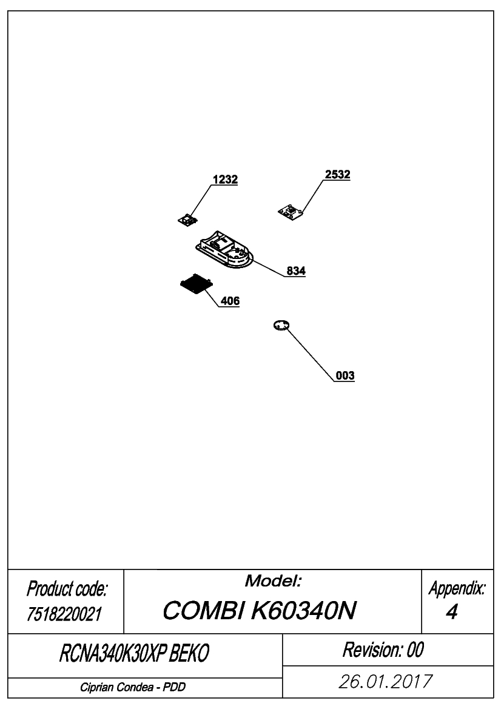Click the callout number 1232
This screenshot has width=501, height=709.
(x=225, y=180)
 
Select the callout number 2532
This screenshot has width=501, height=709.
(x=337, y=175)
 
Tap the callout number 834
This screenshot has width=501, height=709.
(x=296, y=271)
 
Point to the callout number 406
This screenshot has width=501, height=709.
(x=230, y=301)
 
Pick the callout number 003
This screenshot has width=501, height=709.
(x=345, y=375)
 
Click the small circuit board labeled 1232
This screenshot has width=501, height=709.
(x=187, y=220)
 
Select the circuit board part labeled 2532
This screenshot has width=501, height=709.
(x=291, y=212)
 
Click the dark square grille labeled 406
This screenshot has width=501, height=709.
(x=196, y=284)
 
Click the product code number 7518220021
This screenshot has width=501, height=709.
(x=64, y=614)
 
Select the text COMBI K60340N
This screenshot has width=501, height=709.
(x=260, y=610)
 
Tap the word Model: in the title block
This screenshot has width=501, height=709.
(x=273, y=581)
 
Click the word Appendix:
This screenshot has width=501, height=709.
(x=457, y=588)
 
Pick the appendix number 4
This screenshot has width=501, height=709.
(x=452, y=612)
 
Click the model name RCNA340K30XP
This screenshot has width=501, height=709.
(x=113, y=653)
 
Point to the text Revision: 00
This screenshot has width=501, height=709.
(x=383, y=650)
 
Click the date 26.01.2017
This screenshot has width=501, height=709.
(x=386, y=682)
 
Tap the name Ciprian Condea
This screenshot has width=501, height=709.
(x=116, y=687)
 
